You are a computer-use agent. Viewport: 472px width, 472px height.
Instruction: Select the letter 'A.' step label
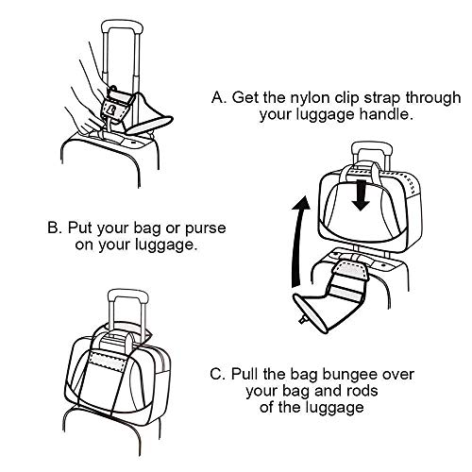pyautogui.click(x=219, y=97)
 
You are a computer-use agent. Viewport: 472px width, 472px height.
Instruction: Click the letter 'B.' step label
pyautogui.click(x=55, y=228)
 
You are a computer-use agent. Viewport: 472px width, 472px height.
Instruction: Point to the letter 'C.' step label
pyautogui.click(x=217, y=375)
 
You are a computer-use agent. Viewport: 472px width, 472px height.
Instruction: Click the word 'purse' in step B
pyautogui.click(x=206, y=229)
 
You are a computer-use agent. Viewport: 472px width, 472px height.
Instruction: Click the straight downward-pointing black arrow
pyautogui.click(x=361, y=195)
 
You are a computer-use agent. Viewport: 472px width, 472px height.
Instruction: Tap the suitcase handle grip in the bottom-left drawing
pyautogui.click(x=127, y=295)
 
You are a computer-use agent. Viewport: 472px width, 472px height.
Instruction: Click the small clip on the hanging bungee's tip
pyautogui.click(x=303, y=320)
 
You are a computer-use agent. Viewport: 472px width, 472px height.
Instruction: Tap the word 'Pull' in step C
pyautogui.click(x=245, y=374)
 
